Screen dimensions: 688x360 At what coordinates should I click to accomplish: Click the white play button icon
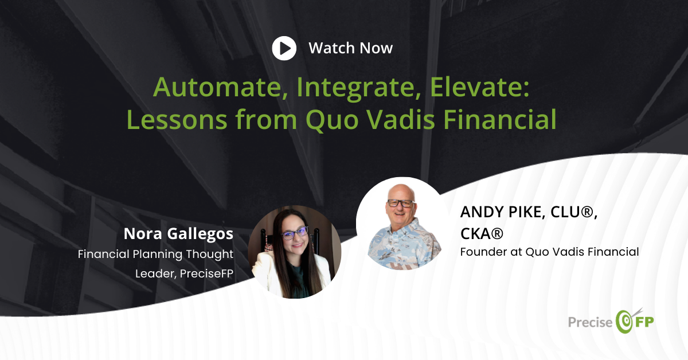284,48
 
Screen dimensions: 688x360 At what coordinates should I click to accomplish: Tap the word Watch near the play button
332,48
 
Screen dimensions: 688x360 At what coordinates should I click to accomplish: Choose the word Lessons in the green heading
177,119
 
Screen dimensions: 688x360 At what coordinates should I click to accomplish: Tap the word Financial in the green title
500,119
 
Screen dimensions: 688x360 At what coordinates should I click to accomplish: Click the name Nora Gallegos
178,234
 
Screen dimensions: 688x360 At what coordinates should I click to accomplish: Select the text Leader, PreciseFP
184,273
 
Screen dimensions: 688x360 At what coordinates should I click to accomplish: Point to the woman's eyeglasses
294,232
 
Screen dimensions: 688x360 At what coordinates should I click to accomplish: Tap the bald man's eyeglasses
401,203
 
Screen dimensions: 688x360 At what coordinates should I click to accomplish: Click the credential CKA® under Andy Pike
482,233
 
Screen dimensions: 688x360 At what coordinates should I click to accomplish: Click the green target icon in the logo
624,321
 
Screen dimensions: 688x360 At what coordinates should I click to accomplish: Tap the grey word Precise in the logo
590,323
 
